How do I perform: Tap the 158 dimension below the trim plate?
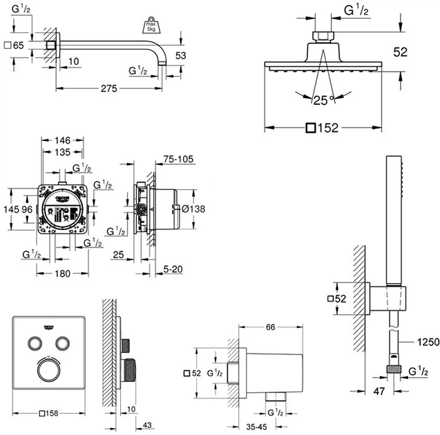pos(51,414)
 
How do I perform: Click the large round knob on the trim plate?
pos(48,374)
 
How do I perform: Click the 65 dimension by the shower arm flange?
pos(19,45)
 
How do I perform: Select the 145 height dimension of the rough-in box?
pos(10,209)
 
